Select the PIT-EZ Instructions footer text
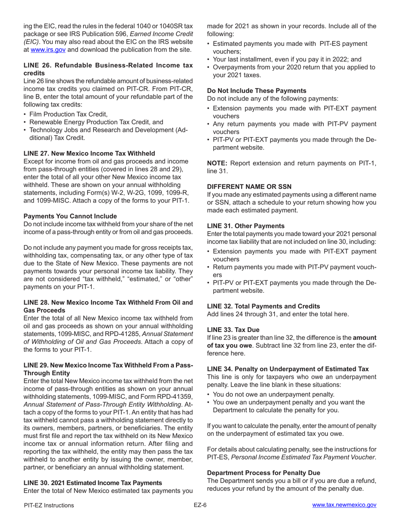49,505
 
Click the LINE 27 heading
89,153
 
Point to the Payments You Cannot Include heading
70,216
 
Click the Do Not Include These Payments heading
256,90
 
